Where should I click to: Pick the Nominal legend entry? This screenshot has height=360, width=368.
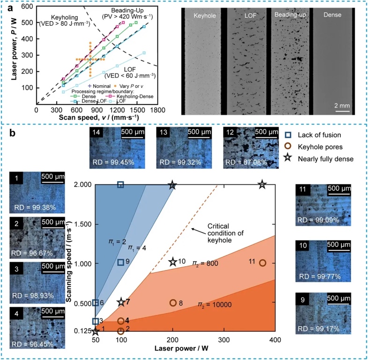[x=99, y=86]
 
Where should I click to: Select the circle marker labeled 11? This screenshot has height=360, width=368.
[x=263, y=263]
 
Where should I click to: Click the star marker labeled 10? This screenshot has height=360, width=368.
[x=172, y=262]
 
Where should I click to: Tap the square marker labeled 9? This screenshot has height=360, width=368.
[x=121, y=262]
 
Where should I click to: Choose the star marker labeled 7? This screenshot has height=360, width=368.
[x=121, y=302]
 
